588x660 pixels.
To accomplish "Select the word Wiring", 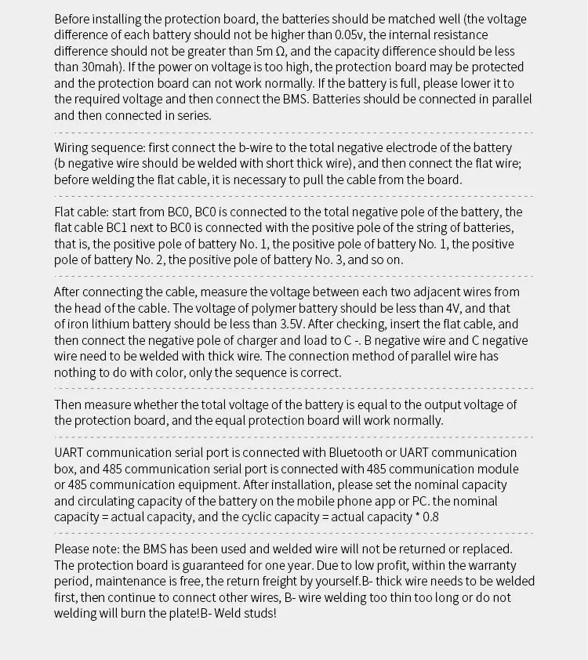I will (73, 147).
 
